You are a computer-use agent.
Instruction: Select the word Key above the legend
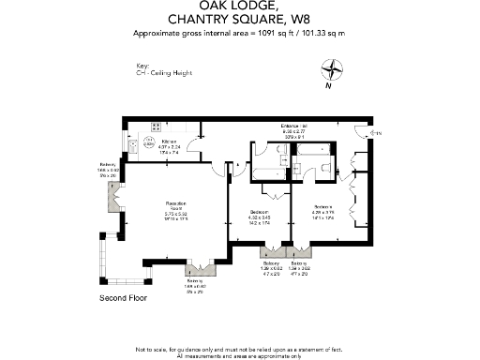coord(142,67)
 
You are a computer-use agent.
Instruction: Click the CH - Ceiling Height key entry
coord(159,73)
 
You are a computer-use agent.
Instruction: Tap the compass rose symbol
coord(332,70)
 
